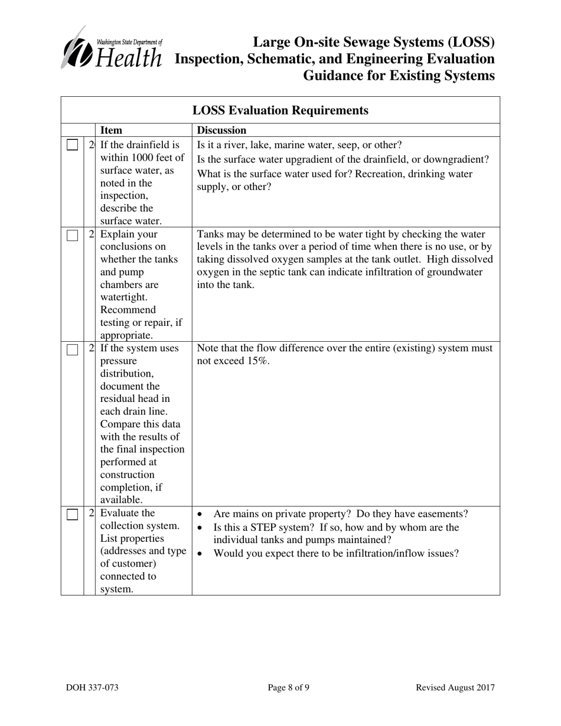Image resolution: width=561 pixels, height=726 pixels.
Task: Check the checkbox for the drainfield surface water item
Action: point(72,145)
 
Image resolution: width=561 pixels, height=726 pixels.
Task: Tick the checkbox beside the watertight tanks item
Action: point(72,235)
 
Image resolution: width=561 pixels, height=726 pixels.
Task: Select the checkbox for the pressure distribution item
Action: point(72,349)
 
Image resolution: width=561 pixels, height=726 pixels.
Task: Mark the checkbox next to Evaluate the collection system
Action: point(72,514)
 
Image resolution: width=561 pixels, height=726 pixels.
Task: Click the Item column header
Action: point(112,130)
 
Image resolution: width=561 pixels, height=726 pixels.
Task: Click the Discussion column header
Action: point(221,130)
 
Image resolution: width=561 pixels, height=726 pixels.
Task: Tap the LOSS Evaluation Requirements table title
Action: point(280,110)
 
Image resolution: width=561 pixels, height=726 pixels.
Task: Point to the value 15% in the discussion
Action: point(257,361)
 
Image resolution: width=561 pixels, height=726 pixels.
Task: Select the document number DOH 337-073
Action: point(92,687)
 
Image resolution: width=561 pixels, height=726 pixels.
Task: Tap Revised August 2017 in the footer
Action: point(455,687)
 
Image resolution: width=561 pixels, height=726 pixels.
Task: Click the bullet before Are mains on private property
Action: point(201,514)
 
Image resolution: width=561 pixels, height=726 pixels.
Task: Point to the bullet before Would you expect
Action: point(201,554)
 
